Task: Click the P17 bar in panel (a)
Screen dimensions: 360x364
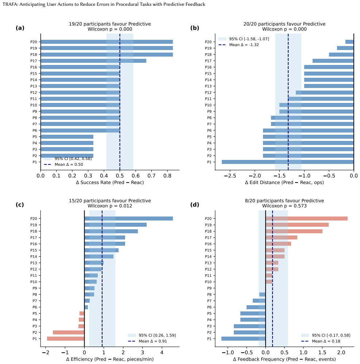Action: point(93,61)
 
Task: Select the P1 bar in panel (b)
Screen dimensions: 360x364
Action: point(288,162)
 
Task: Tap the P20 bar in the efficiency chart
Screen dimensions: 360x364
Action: point(128,218)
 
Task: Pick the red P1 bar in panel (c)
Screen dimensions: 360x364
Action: point(66,339)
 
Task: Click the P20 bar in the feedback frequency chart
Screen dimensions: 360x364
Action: point(306,218)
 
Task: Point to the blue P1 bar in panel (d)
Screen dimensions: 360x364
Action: point(243,339)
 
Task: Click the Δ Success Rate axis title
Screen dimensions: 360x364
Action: point(110,183)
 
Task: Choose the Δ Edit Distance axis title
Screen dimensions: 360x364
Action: point(284,183)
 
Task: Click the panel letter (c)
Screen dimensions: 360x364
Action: point(20,204)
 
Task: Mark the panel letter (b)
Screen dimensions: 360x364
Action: point(195,28)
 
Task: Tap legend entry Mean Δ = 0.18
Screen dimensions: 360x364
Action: point(321,341)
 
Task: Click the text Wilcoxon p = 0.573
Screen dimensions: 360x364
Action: point(284,206)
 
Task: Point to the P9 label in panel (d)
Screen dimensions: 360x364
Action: point(209,288)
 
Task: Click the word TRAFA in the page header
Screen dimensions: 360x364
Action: point(9,4)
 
